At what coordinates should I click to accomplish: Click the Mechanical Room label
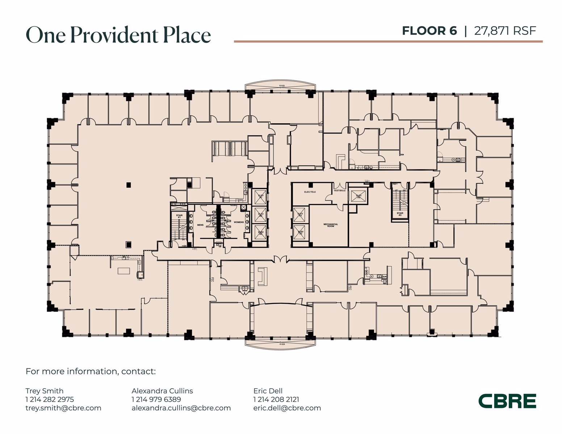[330, 225]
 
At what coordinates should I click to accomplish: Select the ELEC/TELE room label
[310, 192]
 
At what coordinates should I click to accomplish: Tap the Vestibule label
[339, 190]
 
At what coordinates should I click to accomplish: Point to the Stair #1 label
[179, 216]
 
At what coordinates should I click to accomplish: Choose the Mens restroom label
[200, 225]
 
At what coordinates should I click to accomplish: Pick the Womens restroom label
[238, 222]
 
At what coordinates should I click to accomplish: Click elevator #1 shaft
[260, 197]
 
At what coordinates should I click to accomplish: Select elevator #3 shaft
[260, 233]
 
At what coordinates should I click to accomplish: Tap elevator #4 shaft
[300, 214]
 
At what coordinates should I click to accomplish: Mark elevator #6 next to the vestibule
[358, 196]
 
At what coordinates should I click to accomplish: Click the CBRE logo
[507, 401]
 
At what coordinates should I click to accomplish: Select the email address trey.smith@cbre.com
[63, 408]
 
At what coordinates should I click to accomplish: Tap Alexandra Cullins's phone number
[156, 399]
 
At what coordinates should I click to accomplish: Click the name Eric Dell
[268, 391]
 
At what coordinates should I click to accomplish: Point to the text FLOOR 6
[429, 31]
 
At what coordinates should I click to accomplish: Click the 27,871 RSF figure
[505, 31]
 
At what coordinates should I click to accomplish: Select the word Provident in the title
[114, 35]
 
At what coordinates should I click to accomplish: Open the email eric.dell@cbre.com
[287, 408]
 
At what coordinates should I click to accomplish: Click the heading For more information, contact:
[91, 371]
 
